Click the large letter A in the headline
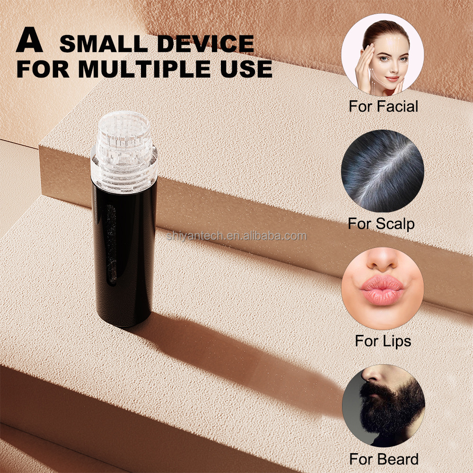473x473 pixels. click(x=29, y=43)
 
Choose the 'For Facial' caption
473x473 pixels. click(x=383, y=106)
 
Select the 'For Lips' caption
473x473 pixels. click(x=383, y=341)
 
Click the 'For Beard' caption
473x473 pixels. click(x=384, y=459)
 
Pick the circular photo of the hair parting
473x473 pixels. click(x=383, y=172)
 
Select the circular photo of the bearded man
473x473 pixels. click(x=383, y=406)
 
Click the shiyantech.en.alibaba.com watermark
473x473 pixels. click(x=236, y=236)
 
